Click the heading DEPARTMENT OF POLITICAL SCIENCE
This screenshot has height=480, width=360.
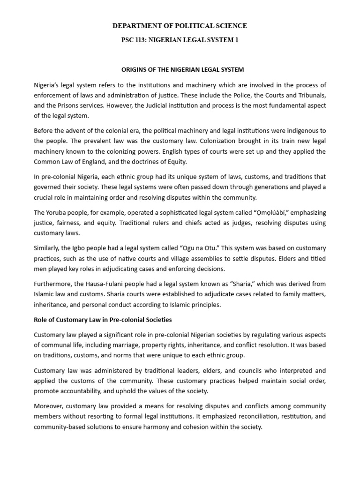pyautogui.click(x=180, y=26)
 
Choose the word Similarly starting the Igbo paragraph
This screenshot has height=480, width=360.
pyautogui.click(x=47, y=247)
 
